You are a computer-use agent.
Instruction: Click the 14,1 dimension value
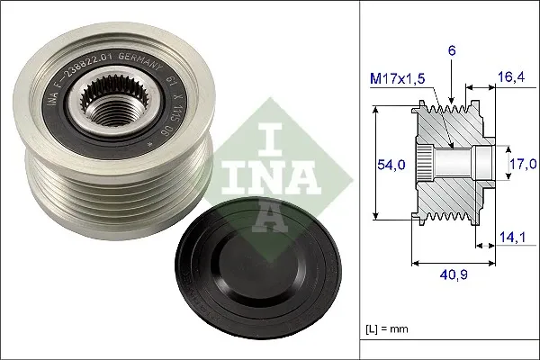510,238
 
